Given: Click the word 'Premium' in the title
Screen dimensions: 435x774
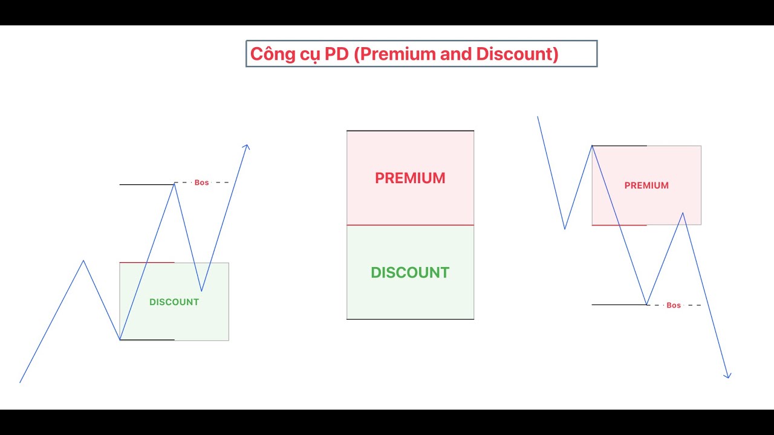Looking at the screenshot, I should [x=398, y=54].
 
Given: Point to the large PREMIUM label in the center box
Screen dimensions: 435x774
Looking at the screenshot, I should [x=410, y=178].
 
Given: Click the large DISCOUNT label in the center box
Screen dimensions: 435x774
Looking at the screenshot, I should [x=410, y=272].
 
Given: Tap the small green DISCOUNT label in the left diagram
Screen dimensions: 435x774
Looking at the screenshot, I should [x=174, y=302].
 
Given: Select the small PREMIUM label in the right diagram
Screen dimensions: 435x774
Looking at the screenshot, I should [x=646, y=185].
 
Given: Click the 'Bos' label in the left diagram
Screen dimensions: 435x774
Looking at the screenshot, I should [x=201, y=182].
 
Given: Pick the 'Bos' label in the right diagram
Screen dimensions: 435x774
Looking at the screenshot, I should [x=674, y=305].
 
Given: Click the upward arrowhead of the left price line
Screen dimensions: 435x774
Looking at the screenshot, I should [x=246, y=146].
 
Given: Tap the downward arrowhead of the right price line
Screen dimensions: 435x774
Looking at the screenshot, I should [x=728, y=376].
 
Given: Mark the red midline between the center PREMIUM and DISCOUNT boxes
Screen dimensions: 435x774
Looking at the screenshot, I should [x=410, y=225].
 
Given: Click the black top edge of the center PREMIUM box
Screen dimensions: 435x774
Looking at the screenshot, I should [x=410, y=130].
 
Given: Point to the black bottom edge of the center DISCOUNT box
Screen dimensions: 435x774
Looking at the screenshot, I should [x=410, y=319].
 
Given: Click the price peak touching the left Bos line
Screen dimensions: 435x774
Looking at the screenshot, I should [x=175, y=183].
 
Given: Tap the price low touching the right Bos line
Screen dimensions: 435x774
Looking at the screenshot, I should [x=646, y=304].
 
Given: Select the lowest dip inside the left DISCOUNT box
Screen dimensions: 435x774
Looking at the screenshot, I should [x=201, y=291].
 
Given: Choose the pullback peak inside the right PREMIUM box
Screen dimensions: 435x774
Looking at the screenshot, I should [x=683, y=213].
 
